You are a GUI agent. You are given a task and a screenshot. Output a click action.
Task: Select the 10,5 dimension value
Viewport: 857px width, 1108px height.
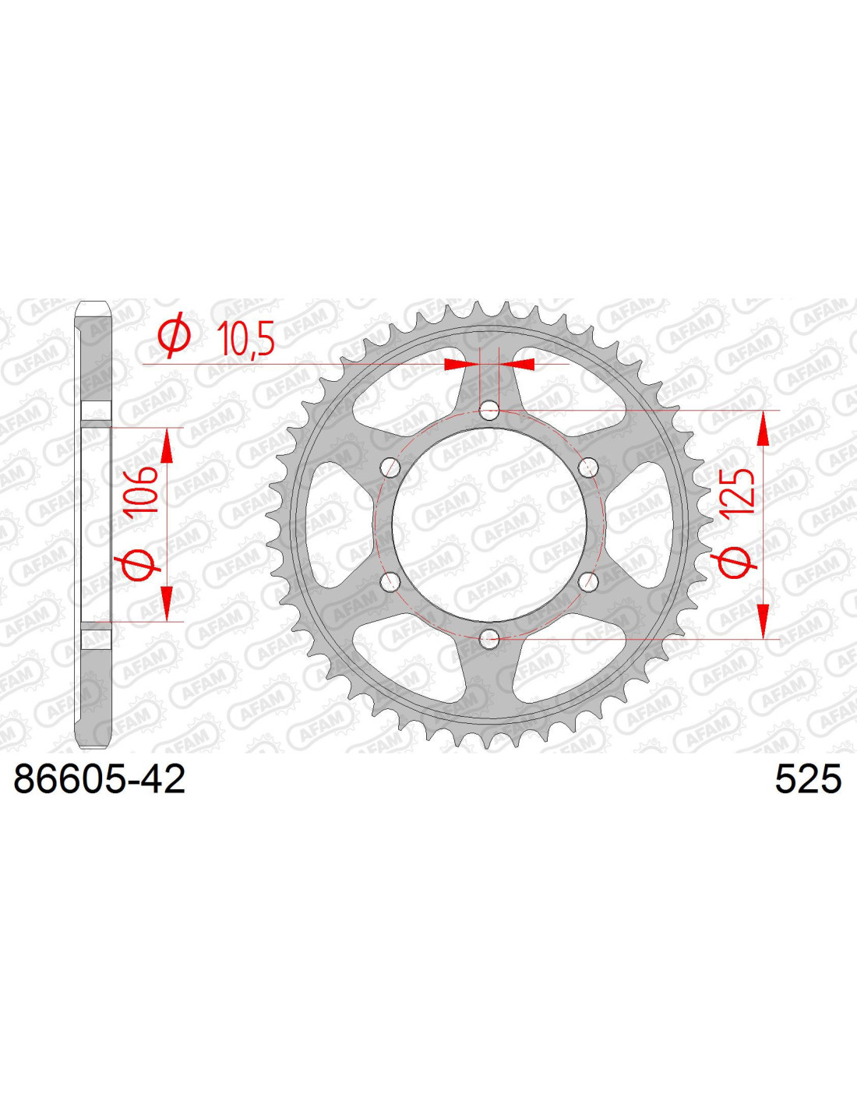click(x=245, y=337)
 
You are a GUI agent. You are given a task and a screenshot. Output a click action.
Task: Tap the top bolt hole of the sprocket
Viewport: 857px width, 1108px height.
click(x=490, y=408)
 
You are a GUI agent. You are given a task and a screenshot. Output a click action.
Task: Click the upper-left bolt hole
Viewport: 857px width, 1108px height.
click(x=391, y=465)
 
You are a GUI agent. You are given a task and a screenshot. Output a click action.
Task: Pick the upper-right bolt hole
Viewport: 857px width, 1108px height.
click(x=589, y=465)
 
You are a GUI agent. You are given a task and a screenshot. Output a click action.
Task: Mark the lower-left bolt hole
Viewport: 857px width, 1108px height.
click(x=391, y=580)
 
